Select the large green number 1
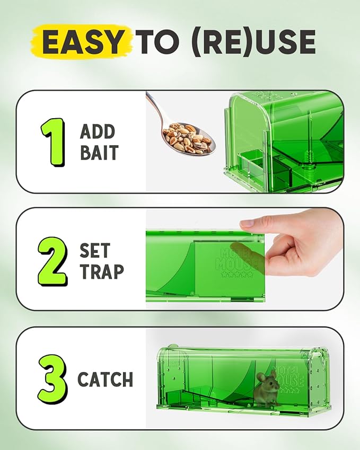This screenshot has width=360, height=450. [53, 141]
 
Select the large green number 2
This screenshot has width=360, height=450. [52, 260]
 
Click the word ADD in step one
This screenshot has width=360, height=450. [98, 131]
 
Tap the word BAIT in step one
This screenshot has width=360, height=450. [99, 153]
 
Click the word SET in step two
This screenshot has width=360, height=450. [95, 250]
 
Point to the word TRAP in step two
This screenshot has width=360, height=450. [101, 271]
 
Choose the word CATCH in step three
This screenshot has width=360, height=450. [105, 380]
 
